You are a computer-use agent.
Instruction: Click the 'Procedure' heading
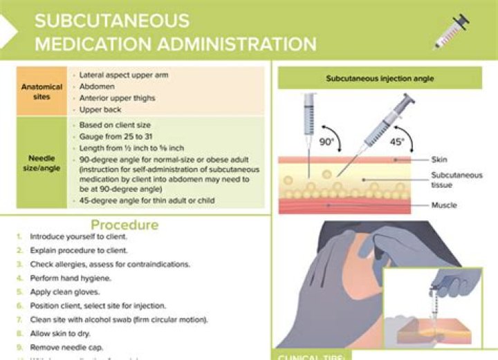point(124,225)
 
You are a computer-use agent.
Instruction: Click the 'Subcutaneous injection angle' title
point(380,79)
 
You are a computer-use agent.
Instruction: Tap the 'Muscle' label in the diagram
point(443,205)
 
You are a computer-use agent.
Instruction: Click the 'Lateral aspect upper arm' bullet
point(123,74)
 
